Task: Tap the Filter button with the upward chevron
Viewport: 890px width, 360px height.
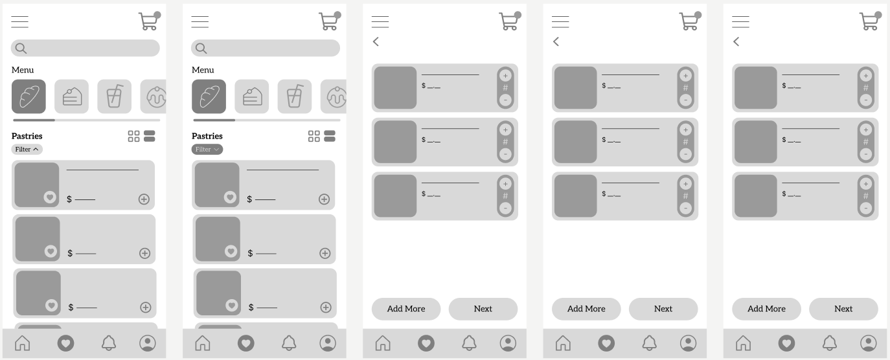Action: (27, 150)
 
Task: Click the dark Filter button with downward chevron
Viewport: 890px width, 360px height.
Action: (207, 150)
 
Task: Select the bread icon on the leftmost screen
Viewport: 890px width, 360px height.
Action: (29, 96)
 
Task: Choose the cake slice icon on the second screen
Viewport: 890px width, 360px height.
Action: (252, 96)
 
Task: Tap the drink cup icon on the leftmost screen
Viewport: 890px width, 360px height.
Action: (115, 96)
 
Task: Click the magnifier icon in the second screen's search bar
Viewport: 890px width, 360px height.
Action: (201, 49)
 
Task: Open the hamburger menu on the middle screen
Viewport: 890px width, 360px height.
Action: (380, 22)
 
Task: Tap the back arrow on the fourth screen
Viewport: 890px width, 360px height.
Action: (556, 41)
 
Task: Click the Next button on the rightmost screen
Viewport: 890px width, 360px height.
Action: (843, 309)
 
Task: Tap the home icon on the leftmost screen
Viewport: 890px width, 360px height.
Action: (22, 343)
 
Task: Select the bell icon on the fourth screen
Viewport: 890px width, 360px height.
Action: (649, 343)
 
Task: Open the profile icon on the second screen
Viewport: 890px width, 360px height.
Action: (328, 343)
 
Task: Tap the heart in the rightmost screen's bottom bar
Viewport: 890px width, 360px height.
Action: (786, 343)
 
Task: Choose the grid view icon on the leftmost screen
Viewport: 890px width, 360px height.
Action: (133, 136)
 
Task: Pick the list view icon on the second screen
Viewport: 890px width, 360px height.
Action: (330, 136)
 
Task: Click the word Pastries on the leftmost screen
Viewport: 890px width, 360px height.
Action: (27, 136)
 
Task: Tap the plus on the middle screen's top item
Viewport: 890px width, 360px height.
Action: (505, 76)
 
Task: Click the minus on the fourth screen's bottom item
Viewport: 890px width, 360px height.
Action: (685, 208)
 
